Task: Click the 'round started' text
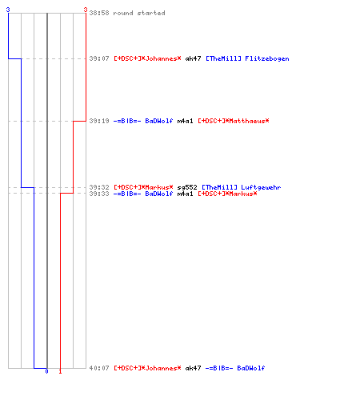(139, 13)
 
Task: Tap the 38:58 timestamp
(99, 13)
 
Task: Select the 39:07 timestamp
(99, 58)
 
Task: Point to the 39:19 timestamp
(99, 121)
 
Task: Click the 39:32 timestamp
(99, 187)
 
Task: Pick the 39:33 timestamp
(99, 194)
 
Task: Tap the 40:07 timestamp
(99, 368)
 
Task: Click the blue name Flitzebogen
(267, 58)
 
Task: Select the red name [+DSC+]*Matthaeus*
(234, 121)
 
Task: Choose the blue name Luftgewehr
(261, 187)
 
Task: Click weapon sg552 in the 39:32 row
(187, 187)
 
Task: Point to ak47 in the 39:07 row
(193, 58)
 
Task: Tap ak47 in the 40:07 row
(193, 368)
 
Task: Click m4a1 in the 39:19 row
(185, 121)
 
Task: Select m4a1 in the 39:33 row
(185, 194)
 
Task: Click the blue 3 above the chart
(8, 10)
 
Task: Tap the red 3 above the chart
(86, 10)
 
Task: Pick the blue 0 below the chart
(46, 371)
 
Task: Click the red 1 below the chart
(60, 371)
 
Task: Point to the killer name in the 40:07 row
(147, 368)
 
